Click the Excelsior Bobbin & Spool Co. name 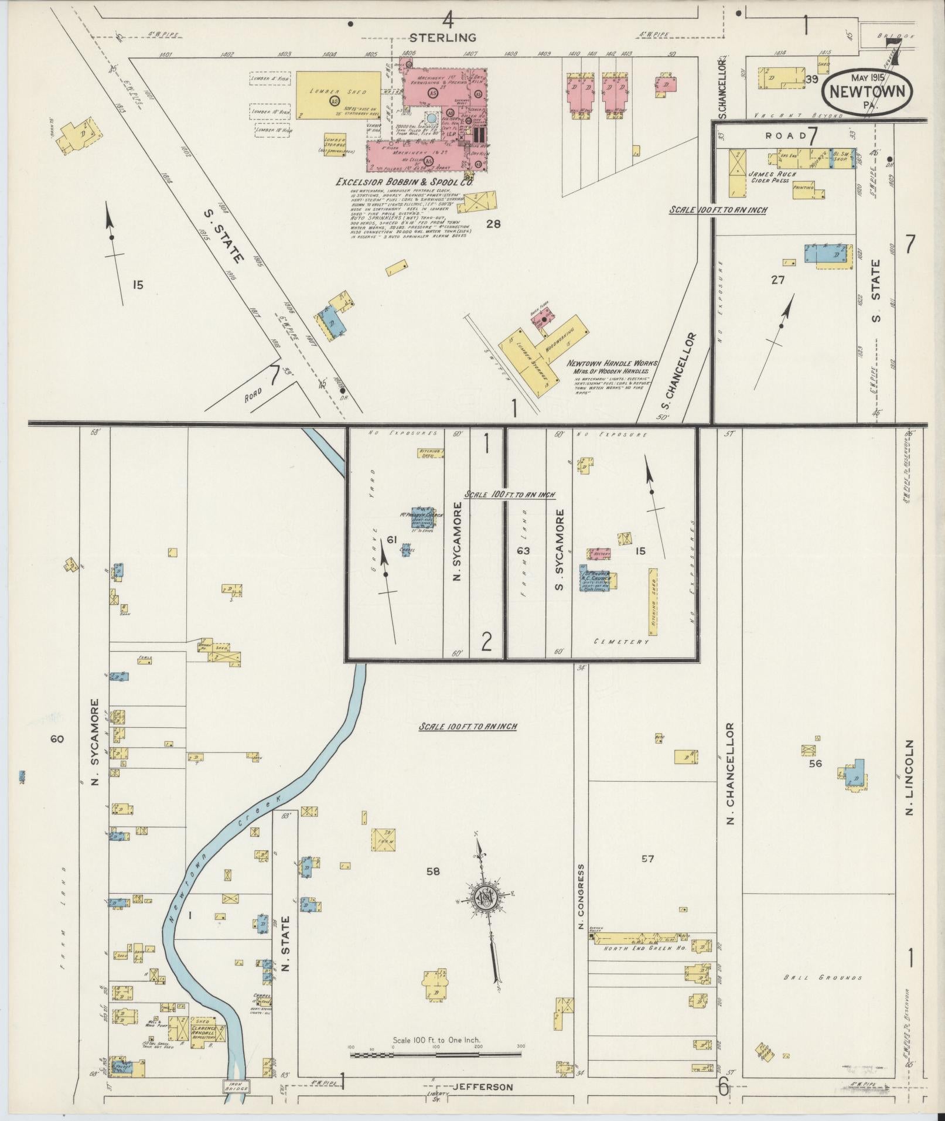pos(404,182)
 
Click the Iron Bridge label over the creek pos(236,1086)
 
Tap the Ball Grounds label pos(823,977)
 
